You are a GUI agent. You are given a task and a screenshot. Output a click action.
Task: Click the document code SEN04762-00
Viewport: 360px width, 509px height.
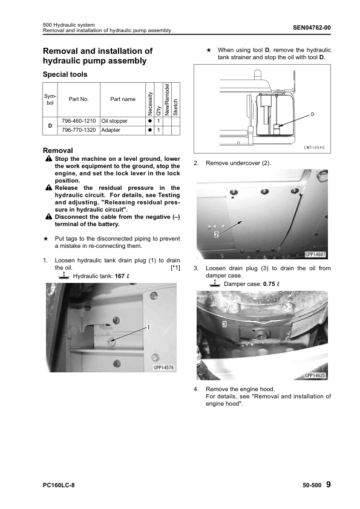[312, 28]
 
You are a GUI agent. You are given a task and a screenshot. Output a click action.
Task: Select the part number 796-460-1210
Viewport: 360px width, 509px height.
[79, 121]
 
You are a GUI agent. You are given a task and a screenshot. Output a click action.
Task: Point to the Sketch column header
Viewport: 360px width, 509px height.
[176, 107]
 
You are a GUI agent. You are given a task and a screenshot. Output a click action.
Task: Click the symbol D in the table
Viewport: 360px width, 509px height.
[50, 125]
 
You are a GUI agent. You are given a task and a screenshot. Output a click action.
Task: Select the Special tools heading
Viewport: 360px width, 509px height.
[65, 74]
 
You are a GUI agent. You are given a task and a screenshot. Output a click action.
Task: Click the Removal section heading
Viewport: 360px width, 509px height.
[58, 151]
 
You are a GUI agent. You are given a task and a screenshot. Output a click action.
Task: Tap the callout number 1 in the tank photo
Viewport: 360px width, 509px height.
[148, 327]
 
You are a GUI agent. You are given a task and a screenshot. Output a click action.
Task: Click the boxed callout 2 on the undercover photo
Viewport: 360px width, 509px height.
[217, 234]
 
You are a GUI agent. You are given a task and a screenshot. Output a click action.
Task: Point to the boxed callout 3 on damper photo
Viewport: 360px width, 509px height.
[224, 323]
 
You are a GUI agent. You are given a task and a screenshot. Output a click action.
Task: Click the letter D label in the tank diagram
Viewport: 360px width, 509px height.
[312, 114]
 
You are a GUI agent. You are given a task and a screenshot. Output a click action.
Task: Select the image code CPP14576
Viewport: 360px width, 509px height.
[164, 368]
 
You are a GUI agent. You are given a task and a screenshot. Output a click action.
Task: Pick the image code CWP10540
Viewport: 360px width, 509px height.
[314, 148]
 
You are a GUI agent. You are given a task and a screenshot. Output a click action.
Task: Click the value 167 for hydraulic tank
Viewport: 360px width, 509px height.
[120, 276]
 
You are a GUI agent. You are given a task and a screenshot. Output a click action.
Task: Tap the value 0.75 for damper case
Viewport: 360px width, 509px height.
[269, 284]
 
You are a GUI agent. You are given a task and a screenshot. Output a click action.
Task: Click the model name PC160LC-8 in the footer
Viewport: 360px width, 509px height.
[59, 485]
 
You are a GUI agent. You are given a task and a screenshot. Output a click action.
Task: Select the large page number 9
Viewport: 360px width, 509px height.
[329, 484]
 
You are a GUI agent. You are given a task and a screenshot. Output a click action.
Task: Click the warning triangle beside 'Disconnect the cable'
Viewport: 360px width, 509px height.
[49, 217]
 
